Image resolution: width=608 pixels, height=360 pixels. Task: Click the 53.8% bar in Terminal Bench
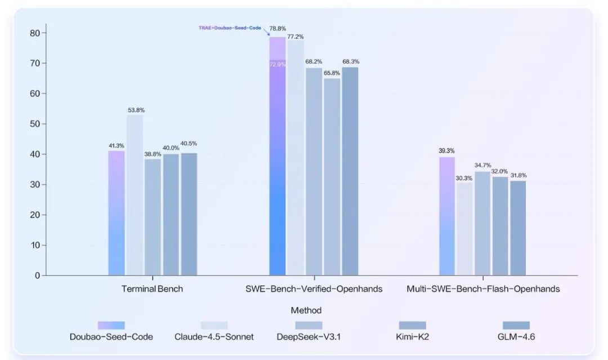[135, 195]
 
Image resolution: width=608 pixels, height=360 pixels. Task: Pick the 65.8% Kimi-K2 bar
[332, 177]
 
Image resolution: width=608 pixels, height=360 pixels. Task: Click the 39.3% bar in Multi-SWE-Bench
[446, 216]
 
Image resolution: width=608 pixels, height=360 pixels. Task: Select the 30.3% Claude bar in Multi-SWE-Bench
[464, 229]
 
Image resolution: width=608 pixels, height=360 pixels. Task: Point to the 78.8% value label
[278, 28]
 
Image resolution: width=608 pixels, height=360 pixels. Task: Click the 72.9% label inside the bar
[277, 65]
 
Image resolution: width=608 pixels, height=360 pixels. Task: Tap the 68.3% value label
[351, 61]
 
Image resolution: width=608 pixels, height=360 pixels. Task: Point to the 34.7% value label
[482, 165]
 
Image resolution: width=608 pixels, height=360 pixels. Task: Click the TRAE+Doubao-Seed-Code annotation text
[230, 28]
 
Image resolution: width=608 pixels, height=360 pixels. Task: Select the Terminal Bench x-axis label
[152, 289]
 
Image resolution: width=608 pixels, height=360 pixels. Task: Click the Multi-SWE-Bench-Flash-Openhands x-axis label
[483, 289]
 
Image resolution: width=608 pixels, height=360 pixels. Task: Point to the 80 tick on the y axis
[34, 33]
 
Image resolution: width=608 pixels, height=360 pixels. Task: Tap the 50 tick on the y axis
[34, 124]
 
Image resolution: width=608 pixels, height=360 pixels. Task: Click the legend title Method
[306, 310]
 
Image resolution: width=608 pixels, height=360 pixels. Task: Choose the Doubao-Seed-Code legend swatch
[111, 325]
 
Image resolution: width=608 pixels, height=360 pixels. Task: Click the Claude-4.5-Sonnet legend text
[214, 337]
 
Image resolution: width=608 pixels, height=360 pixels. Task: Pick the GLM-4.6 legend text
[516, 337]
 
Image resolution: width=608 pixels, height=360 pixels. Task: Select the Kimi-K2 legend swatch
[413, 325]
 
